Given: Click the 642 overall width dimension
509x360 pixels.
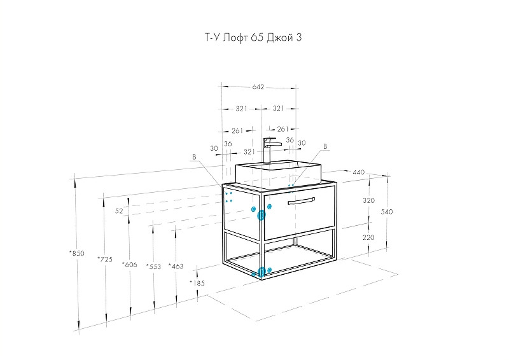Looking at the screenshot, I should pos(258,87).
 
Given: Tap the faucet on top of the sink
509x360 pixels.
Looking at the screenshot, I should pos(270,150).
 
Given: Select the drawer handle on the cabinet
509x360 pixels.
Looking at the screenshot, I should pos(301,201).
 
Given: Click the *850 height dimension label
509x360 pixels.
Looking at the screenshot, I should pos(76,254).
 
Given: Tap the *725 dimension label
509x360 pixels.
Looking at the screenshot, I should pos(105,259).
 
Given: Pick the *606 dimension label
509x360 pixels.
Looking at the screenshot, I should pos(129,264).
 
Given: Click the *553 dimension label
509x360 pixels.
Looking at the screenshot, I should pos(153,267).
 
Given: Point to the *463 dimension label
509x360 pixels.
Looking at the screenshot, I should pos(176,267).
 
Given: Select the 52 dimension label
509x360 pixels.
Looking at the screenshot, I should pos(119,210).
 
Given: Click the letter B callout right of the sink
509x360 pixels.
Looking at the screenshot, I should pos(324,147).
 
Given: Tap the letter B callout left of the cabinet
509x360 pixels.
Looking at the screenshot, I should pos(195,156).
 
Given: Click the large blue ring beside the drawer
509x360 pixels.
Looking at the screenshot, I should pos(261,215).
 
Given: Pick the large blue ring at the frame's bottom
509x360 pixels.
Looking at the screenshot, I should pos(261,272).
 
